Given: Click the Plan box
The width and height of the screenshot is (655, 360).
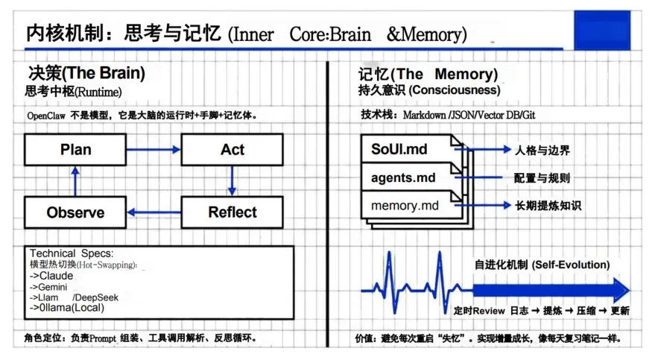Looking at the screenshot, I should pyautogui.click(x=75, y=150).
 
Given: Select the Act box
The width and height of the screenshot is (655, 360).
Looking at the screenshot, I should pyautogui.click(x=232, y=150).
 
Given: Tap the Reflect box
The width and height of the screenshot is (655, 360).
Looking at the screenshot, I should pyautogui.click(x=232, y=212).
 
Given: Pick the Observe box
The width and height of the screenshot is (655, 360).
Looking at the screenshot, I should pyautogui.click(x=75, y=212).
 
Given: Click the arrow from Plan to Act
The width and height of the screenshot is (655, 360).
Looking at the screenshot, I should pyautogui.click(x=154, y=150).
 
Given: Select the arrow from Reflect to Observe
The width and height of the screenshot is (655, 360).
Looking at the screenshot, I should pyautogui.click(x=154, y=212).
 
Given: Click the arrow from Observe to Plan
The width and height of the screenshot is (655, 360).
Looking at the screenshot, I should pyautogui.click(x=75, y=181).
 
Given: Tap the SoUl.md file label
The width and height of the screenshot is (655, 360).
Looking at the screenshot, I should pyautogui.click(x=399, y=150).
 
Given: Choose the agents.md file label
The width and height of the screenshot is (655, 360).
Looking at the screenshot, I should pyautogui.click(x=403, y=178).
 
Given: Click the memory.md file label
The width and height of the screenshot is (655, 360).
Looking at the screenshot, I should pyautogui.click(x=405, y=205).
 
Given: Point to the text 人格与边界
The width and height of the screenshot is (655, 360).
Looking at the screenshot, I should pyautogui.click(x=542, y=151).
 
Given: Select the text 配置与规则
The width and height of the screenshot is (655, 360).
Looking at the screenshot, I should pyautogui.click(x=542, y=178).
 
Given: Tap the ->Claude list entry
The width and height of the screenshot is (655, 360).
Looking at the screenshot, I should pyautogui.click(x=51, y=276).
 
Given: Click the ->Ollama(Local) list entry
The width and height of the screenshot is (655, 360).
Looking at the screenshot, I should pyautogui.click(x=67, y=307).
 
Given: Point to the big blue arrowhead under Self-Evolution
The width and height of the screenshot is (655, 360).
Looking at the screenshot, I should pyautogui.click(x=621, y=289).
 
